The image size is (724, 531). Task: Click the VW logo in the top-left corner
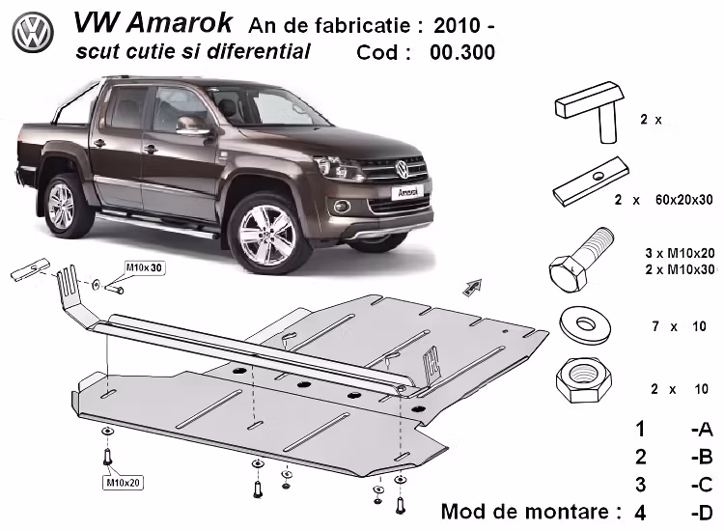pos(33,34)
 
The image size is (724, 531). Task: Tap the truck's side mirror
pos(193,125)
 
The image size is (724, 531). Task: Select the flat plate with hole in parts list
pos(590,182)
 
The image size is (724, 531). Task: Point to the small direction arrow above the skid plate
pos(471,285)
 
